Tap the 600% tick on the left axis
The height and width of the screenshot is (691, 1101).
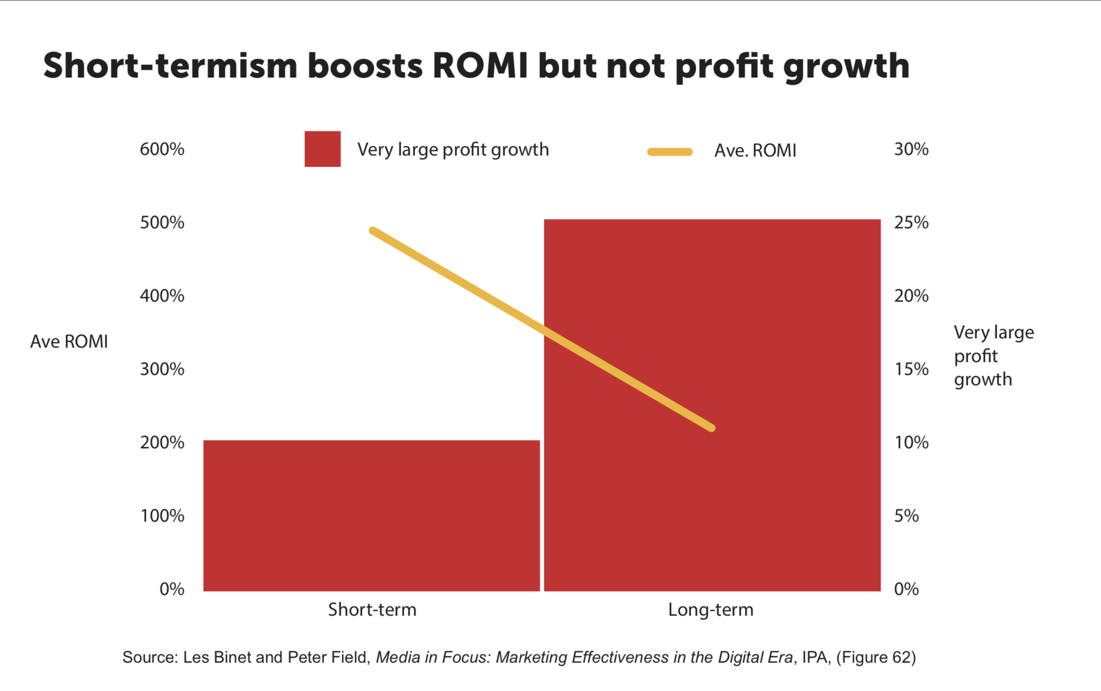[162, 149]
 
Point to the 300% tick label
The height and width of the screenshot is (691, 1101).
[162, 369]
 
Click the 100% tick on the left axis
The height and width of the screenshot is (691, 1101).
[162, 516]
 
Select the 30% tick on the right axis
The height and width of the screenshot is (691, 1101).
[911, 149]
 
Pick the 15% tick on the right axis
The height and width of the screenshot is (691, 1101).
[911, 369]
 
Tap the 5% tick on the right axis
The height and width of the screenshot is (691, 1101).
[906, 516]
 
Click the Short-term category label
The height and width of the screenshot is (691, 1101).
[372, 610]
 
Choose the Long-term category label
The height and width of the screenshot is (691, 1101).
[711, 610]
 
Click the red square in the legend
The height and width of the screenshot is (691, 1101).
[323, 149]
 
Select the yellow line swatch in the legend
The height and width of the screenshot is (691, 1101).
[670, 151]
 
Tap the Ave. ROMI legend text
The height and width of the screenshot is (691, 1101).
[755, 151]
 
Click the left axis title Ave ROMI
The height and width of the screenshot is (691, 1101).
[69, 342]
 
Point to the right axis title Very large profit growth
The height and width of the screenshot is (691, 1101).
[993, 356]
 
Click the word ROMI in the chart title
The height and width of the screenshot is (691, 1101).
[480, 66]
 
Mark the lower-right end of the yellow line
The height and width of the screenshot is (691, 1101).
[712, 428]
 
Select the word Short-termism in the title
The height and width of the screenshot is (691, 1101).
[170, 66]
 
